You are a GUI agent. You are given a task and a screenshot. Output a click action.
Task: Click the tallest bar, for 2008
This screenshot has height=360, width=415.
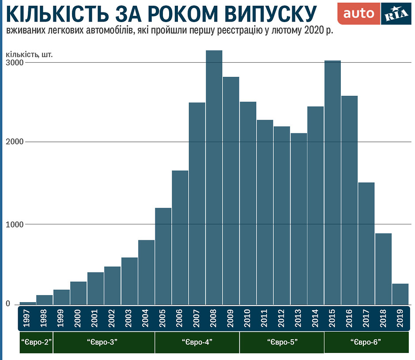214,177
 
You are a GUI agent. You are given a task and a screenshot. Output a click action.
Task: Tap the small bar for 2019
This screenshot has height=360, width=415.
400,294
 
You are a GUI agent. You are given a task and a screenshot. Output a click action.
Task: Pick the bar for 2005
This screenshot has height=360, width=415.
163,256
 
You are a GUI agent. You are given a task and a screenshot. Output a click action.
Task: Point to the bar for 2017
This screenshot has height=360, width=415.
366,243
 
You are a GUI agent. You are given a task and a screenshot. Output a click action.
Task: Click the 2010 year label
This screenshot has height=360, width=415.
248,318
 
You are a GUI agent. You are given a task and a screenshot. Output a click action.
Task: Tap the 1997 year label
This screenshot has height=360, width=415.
28,318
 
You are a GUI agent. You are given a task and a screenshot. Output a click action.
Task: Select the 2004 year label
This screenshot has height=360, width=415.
146,318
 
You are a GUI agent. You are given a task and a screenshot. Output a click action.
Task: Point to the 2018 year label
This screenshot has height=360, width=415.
383,318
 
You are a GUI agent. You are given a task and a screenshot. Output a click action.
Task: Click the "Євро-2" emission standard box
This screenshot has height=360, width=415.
36,342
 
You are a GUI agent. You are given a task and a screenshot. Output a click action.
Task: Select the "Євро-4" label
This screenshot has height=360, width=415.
197,342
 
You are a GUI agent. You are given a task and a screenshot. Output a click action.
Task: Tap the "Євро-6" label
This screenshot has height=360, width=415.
366,342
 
